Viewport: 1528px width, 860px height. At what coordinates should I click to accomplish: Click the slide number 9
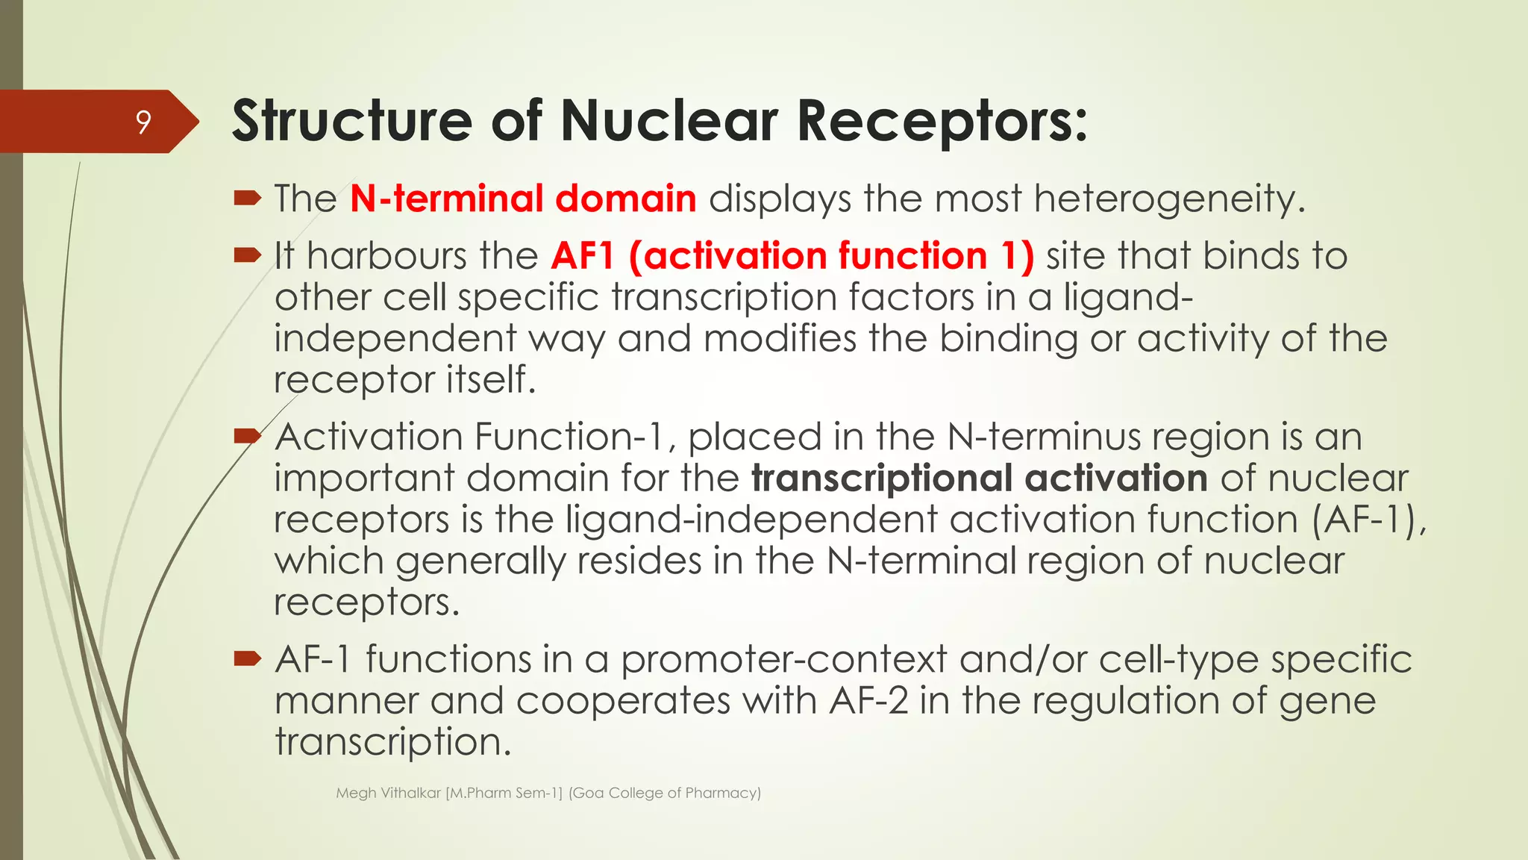coord(143,122)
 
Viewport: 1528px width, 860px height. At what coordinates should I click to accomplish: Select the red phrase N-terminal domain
coord(523,199)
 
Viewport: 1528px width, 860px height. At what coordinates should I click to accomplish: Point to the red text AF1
coord(582,256)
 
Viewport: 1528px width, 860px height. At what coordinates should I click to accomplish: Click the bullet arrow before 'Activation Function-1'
coord(247,436)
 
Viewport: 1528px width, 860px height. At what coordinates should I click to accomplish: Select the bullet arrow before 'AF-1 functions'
coord(247,658)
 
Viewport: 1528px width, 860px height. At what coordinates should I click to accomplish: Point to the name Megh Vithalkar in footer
coord(388,793)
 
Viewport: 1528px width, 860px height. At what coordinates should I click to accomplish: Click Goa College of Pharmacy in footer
coord(664,793)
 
